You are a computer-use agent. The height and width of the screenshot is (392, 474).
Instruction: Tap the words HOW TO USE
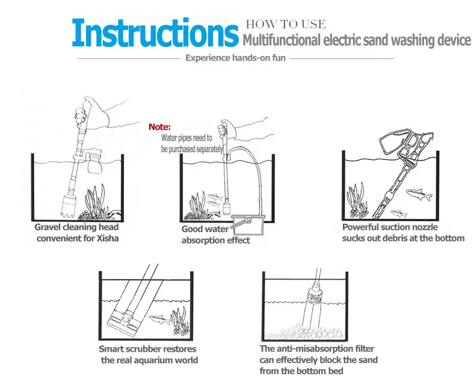click(285, 25)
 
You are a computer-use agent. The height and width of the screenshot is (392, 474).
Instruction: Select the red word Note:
click(160, 127)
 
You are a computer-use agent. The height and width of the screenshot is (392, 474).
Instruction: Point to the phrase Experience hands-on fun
click(235, 58)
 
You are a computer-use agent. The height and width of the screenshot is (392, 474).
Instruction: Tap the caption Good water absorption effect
click(215, 234)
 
